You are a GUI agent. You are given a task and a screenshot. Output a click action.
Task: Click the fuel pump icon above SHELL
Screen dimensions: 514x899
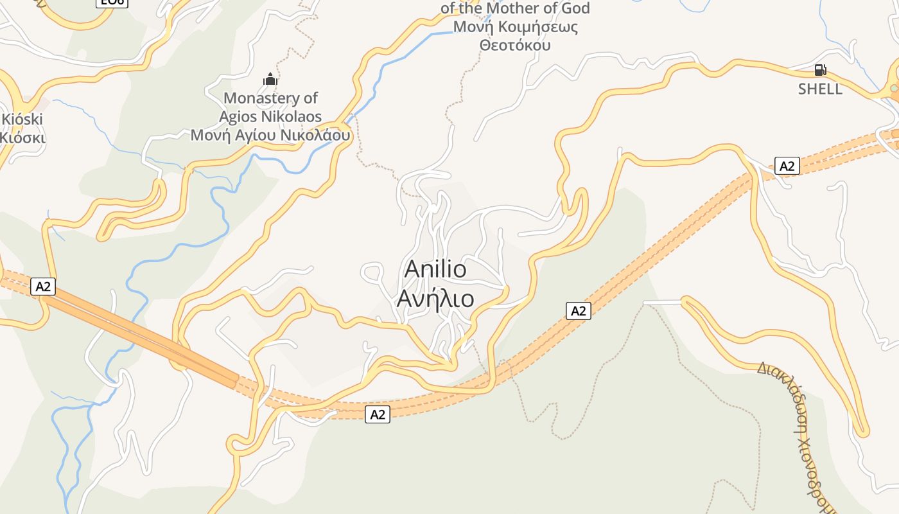(820, 70)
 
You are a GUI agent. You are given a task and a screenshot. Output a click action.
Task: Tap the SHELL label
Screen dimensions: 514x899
(820, 89)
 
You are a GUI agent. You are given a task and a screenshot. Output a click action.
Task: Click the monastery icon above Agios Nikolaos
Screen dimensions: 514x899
(270, 80)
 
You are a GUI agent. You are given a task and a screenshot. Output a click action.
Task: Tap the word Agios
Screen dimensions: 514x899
(239, 117)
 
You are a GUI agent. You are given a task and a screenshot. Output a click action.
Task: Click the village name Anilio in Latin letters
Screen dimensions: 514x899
(435, 269)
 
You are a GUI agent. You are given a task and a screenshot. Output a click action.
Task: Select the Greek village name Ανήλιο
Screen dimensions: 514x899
(435, 299)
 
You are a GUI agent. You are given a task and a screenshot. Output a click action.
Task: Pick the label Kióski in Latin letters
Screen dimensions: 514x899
(22, 120)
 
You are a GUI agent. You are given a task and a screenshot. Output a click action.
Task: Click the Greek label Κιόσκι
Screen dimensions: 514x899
(22, 137)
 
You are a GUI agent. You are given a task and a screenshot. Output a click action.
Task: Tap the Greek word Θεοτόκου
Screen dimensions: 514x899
(515, 46)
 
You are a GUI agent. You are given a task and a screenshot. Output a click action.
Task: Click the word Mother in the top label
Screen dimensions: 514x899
(508, 9)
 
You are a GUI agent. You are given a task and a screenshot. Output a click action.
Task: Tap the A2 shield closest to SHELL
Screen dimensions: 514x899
(787, 166)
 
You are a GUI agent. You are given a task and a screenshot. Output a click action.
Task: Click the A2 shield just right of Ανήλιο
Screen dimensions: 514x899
(579, 311)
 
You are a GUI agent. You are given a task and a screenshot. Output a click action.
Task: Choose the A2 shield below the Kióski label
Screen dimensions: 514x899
(43, 287)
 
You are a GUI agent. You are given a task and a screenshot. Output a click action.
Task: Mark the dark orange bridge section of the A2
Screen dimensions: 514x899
(141, 333)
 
